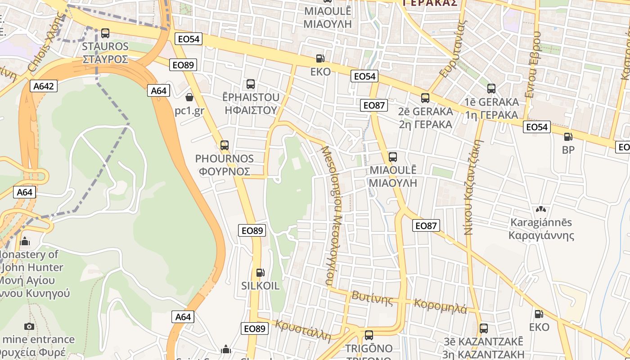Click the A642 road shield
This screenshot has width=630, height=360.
click(x=44, y=86)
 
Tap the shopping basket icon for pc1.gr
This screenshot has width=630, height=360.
click(x=189, y=97)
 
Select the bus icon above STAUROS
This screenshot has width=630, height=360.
click(x=105, y=33)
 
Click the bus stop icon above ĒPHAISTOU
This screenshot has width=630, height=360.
click(x=251, y=84)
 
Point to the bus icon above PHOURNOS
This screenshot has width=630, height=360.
click(x=225, y=145)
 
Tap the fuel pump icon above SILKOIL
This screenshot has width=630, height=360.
click(x=260, y=273)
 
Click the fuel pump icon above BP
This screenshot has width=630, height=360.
click(x=568, y=137)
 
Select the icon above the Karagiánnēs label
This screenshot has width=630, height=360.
click(x=540, y=210)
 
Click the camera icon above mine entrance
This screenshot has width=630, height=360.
click(x=29, y=326)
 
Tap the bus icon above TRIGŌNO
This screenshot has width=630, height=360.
click(x=369, y=335)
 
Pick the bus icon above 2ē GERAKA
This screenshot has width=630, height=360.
click(x=425, y=98)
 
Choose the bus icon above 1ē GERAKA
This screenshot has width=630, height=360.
click(x=491, y=89)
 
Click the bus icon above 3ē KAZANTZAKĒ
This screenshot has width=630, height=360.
click(x=484, y=328)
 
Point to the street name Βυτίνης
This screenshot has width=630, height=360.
click(x=373, y=298)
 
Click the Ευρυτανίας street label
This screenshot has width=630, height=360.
click(x=452, y=50)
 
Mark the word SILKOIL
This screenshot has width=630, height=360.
click(x=260, y=286)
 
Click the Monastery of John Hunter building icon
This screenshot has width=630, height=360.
click(x=25, y=242)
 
